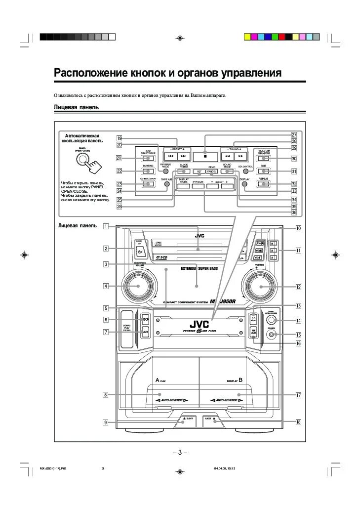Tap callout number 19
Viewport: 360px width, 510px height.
point(119,138)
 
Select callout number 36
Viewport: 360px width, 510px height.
point(294,212)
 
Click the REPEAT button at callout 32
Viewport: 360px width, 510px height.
point(264,184)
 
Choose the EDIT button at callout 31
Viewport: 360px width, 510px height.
point(264,171)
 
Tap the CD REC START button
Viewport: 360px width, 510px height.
point(147,184)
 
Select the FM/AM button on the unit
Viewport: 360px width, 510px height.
point(253,332)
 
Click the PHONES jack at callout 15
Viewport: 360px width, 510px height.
point(271,335)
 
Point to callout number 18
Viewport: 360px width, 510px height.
point(298,422)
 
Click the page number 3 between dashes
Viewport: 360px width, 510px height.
point(180,453)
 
